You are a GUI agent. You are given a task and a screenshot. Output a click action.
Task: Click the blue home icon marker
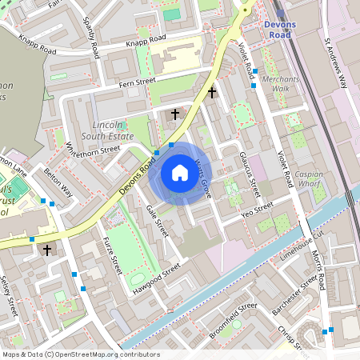pyautogui.click(x=180, y=172)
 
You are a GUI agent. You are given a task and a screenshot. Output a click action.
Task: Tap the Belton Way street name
pyautogui.click(x=58, y=182)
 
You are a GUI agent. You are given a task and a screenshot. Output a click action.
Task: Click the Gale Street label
pyautogui.click(x=158, y=220)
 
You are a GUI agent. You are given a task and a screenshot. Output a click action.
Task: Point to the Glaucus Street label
pyautogui.click(x=250, y=174)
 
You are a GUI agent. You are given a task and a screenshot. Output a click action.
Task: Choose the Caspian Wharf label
pyautogui.click(x=309, y=179)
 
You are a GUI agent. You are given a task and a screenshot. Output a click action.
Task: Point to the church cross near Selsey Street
pyautogui.click(x=46, y=250)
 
